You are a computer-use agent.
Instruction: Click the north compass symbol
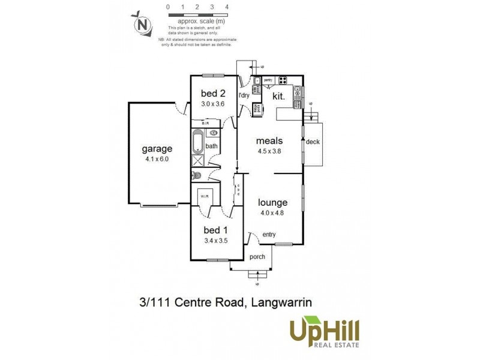(142, 25)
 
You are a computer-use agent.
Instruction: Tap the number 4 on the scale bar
(227, 7)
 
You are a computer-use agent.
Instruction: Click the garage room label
(157, 149)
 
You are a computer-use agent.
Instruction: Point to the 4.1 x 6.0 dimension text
(157, 160)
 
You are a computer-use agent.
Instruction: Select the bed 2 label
(212, 93)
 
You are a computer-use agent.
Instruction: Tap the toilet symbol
(195, 176)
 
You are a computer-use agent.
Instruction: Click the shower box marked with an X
(198, 160)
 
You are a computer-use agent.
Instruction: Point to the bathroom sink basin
(213, 131)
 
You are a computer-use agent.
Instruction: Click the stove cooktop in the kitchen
(282, 80)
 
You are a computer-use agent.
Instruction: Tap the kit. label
(278, 95)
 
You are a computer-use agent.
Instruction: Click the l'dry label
(245, 95)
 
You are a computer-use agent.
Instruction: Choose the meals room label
(269, 141)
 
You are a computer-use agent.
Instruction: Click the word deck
(313, 142)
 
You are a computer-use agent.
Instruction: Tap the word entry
(269, 234)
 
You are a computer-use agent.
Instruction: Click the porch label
(258, 257)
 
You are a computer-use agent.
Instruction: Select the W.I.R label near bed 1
(205, 196)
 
